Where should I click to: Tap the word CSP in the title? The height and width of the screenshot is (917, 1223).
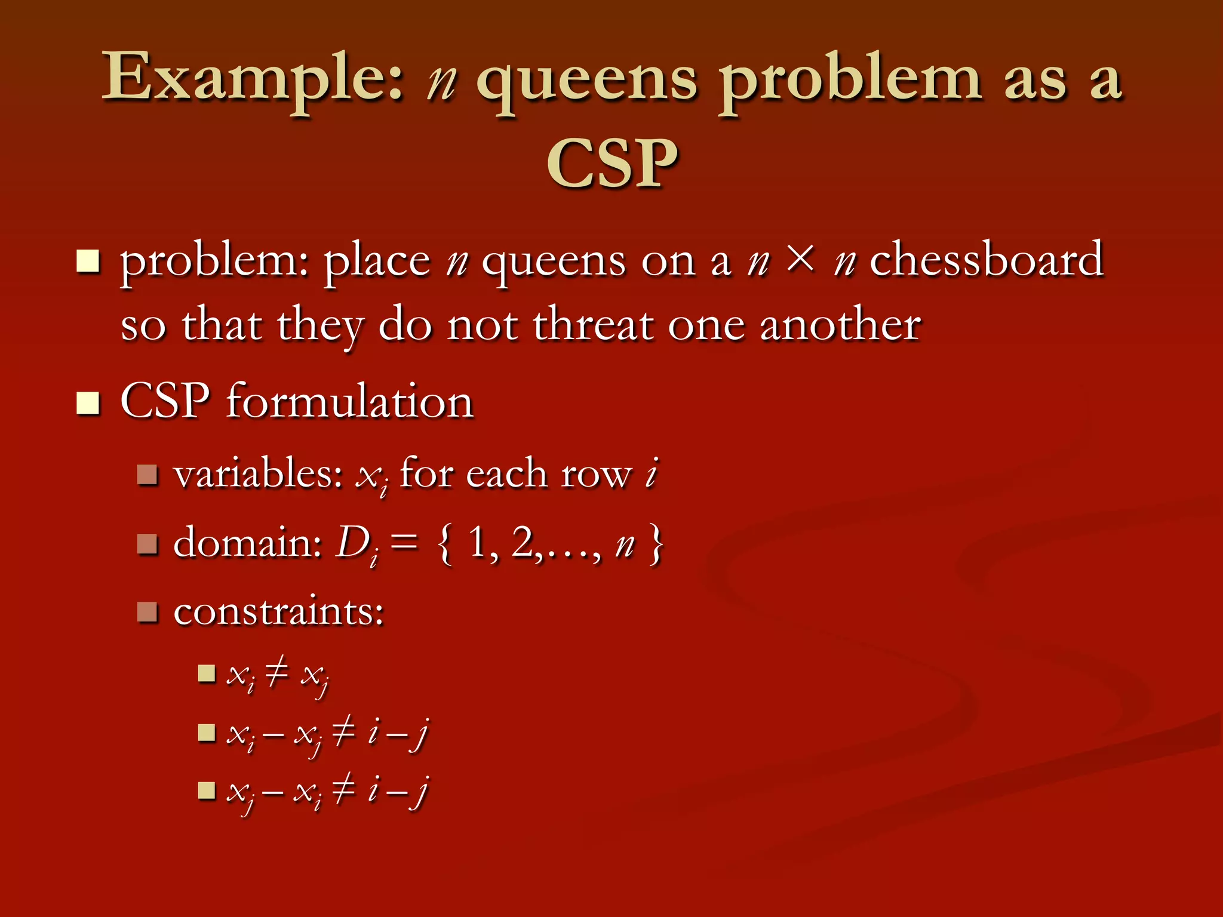click(612, 164)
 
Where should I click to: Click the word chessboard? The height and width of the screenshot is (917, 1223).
click(986, 260)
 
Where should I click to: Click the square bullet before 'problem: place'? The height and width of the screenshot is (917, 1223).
click(88, 261)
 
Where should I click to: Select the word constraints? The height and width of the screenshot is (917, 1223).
click(278, 612)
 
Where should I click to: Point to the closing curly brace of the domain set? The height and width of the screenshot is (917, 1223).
click(656, 543)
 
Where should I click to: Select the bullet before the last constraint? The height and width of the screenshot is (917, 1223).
click(207, 790)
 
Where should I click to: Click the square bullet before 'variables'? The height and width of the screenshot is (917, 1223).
click(147, 476)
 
